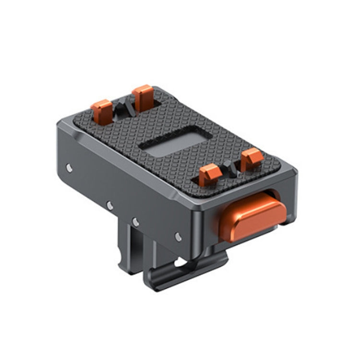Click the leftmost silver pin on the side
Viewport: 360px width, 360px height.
70,168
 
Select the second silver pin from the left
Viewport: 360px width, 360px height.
110,205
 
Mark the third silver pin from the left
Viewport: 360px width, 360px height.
136,222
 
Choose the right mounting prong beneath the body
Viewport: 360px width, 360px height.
161,254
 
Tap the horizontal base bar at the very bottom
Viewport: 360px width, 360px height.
192,278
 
